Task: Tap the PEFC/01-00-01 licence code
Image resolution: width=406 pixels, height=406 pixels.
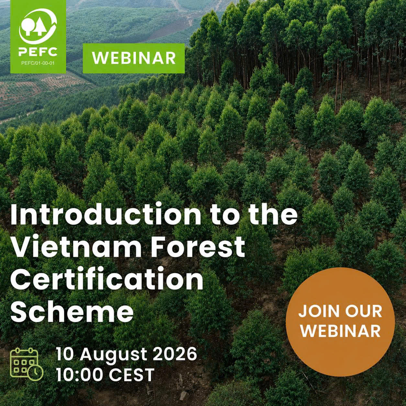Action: [38, 63]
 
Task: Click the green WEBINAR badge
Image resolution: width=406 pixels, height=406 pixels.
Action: [134, 58]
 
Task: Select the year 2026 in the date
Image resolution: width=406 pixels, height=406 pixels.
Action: [175, 355]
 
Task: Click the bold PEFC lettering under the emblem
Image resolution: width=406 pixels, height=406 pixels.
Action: [38, 51]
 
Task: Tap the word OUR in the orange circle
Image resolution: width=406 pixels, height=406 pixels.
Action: [363, 311]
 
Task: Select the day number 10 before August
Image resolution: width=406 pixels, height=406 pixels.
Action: [64, 355]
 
